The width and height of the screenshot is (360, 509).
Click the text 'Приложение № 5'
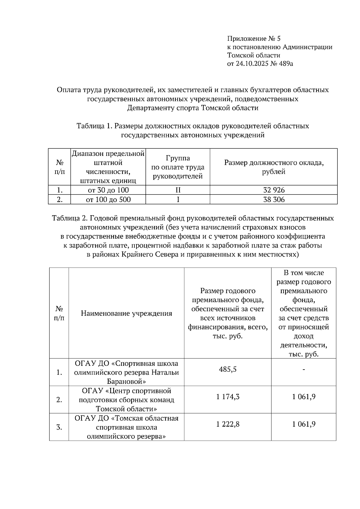[x=254, y=39]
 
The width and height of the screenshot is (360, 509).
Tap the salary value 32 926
[x=274, y=190]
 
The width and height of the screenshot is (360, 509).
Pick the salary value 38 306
[x=274, y=200]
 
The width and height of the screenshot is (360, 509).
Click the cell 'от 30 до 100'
[x=108, y=190]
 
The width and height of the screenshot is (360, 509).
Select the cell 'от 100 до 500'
[x=108, y=200]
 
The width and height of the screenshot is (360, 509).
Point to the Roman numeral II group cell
[x=178, y=190]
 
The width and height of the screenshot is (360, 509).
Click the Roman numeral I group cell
[x=178, y=200]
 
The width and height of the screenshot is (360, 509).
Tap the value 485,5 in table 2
[x=228, y=369]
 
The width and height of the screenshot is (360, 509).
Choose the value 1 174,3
[x=228, y=397]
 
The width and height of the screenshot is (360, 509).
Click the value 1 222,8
[x=228, y=424]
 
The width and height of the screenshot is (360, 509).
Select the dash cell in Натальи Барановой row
[x=304, y=370]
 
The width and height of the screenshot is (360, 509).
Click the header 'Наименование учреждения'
[x=126, y=314]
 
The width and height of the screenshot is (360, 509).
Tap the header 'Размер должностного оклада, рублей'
[x=274, y=167]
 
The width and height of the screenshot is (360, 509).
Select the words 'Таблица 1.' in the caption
[x=94, y=126]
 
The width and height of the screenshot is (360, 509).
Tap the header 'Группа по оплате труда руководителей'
[x=178, y=167]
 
